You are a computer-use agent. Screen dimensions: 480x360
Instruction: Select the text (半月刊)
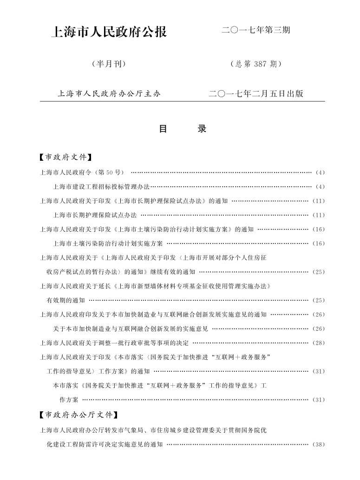coord(109,64)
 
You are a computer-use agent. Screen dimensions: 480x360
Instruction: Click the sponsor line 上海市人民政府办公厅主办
coord(109,93)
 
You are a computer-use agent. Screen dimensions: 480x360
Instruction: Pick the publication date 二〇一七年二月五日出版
coord(256,93)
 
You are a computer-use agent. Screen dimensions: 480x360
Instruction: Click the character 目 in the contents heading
coord(163,129)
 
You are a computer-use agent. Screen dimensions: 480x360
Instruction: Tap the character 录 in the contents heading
coord(202,129)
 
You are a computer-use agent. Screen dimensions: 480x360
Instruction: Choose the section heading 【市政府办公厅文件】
coord(79,414)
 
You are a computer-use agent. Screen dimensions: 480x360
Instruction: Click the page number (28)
coord(319,343)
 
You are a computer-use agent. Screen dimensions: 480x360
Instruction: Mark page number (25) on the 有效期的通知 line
coord(319,300)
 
